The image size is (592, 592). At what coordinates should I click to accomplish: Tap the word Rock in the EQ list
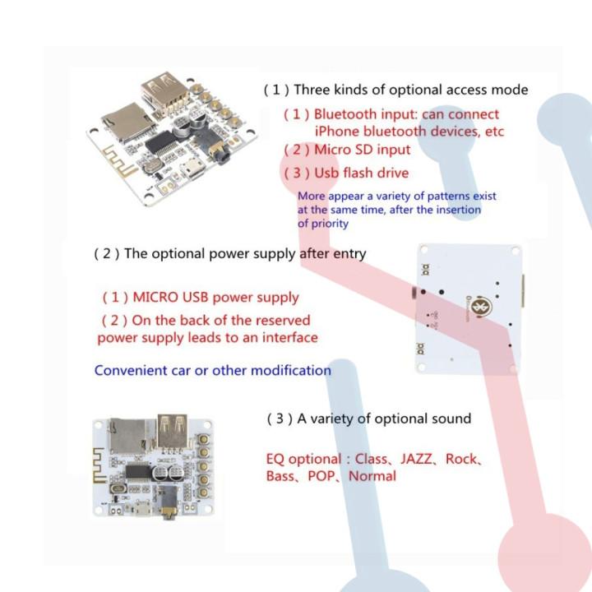tap(461, 459)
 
